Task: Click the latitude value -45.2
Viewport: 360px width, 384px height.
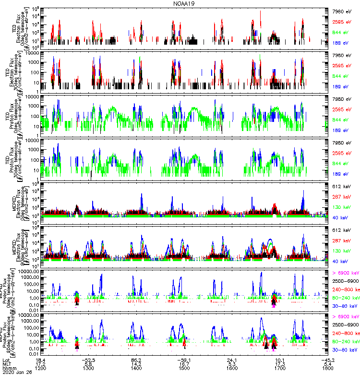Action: pyautogui.click(x=328, y=360)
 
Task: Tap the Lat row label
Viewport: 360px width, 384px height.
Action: pyautogui.click(x=6, y=360)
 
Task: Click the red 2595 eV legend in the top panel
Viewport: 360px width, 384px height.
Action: pyautogui.click(x=343, y=22)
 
